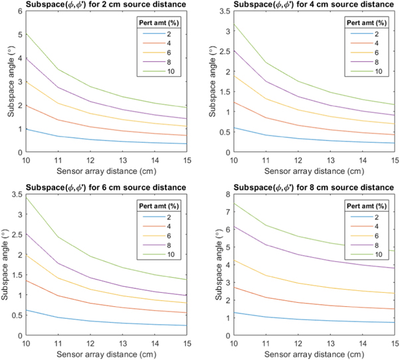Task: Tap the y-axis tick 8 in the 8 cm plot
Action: coord(219,195)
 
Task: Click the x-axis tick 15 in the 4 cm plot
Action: coord(393,159)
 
